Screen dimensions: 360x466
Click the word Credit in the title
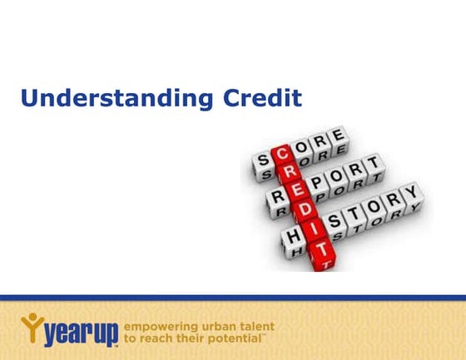pyautogui.click(x=264, y=98)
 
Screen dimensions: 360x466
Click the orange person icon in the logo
pyautogui.click(x=30, y=322)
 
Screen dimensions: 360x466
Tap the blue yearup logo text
pyautogui.click(x=80, y=333)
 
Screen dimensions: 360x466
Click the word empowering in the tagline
pyautogui.click(x=157, y=327)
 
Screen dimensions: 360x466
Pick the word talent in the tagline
pyautogui.click(x=255, y=327)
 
